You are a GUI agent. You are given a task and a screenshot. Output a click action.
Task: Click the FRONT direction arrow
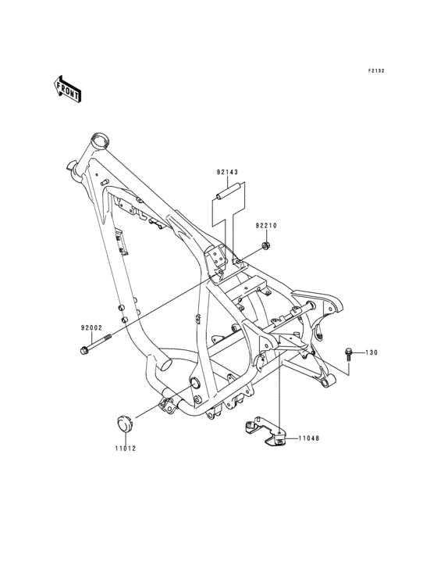(66, 88)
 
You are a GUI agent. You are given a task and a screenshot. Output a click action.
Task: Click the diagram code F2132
(376, 71)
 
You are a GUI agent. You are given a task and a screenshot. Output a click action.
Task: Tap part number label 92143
(227, 172)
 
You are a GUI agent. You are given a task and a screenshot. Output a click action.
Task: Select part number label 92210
(266, 226)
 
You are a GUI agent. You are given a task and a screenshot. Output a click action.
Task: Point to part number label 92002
(91, 327)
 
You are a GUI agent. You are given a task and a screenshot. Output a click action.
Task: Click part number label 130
(371, 352)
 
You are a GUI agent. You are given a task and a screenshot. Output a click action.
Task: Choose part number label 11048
(309, 438)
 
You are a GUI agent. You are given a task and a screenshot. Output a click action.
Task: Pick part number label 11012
(125, 449)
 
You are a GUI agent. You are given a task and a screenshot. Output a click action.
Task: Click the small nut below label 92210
(266, 245)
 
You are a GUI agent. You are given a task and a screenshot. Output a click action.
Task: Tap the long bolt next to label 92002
(95, 343)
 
